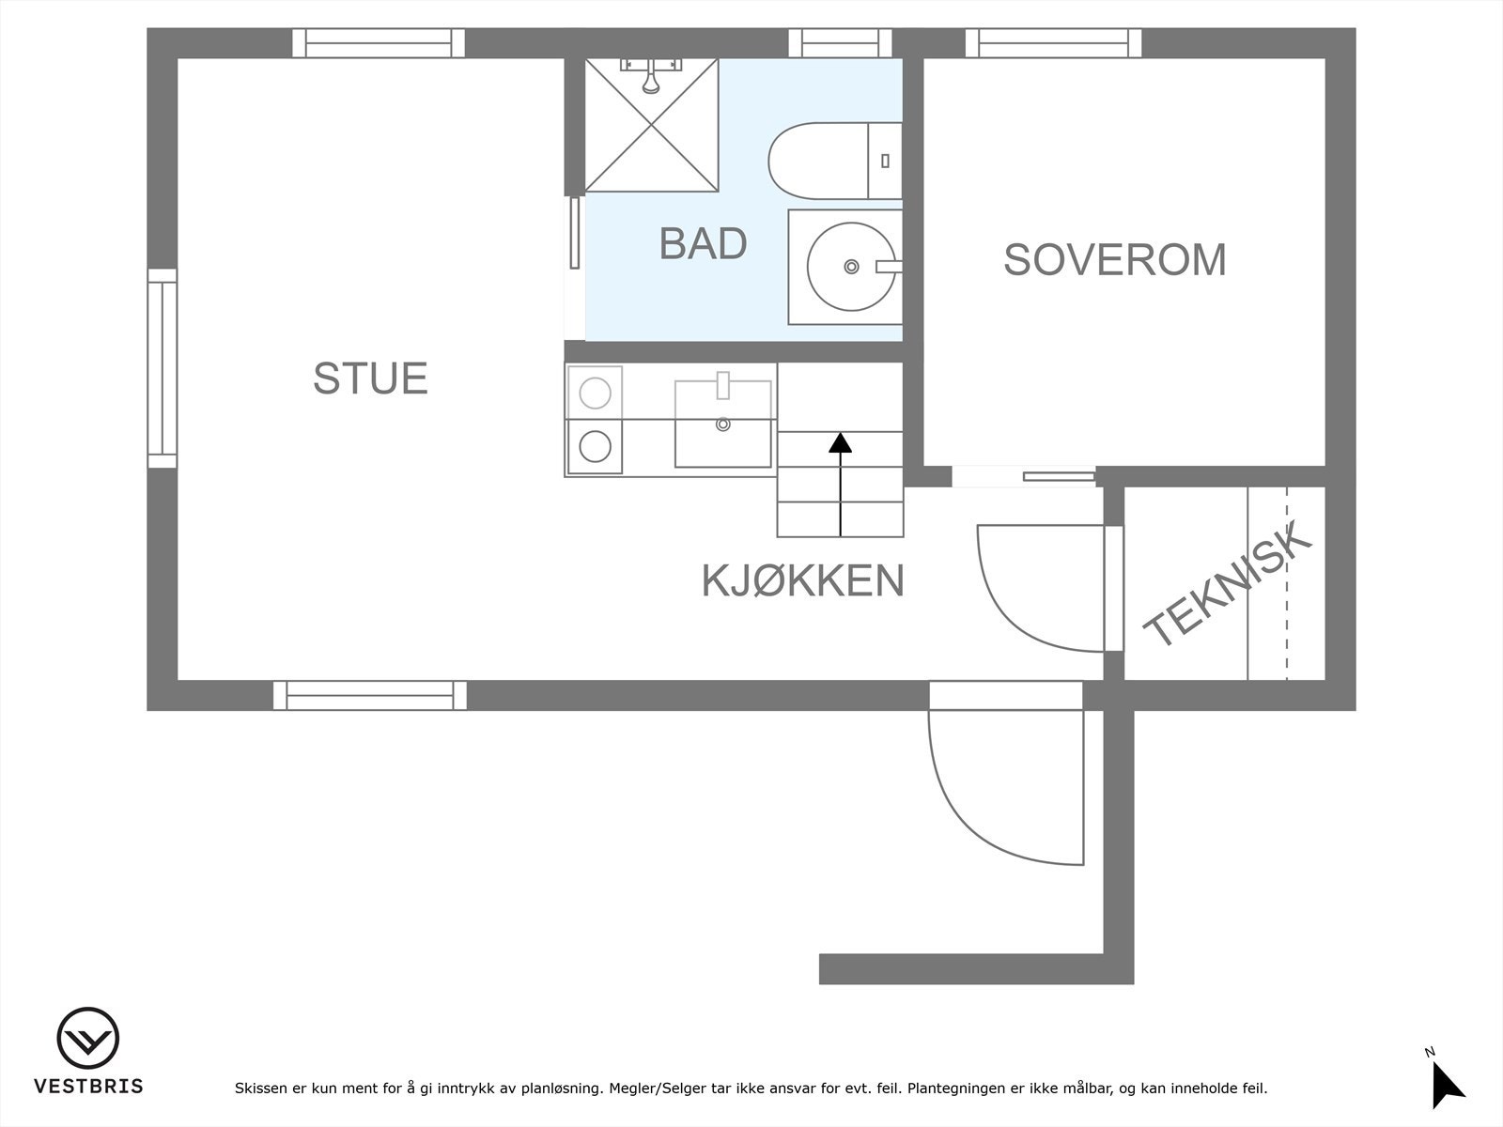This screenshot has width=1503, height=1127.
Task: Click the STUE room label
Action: [x=370, y=378]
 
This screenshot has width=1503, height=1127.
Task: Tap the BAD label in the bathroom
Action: [x=703, y=243]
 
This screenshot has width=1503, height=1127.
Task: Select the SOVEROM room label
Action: [x=1115, y=260]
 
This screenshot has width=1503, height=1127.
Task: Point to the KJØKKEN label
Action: [x=802, y=581]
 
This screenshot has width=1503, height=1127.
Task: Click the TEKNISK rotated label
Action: [x=1225, y=585]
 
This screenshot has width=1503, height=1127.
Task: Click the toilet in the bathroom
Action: [x=827, y=161]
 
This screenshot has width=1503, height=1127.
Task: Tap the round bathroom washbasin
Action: [x=850, y=267]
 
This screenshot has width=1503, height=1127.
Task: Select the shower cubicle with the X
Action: [x=651, y=125]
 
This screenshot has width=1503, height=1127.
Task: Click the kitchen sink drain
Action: [x=722, y=425]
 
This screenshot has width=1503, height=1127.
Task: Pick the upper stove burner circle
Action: [x=595, y=393]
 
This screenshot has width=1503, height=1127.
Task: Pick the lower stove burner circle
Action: [x=595, y=446]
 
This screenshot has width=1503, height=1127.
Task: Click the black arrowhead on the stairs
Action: [x=840, y=442]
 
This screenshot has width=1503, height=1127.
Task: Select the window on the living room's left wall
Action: [x=162, y=368]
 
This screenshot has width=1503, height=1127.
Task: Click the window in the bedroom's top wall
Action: [x=1053, y=42]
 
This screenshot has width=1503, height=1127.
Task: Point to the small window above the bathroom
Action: [x=839, y=42]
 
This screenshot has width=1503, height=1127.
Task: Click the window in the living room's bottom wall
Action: [x=369, y=695]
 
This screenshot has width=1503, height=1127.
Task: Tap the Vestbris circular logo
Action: [x=87, y=1039]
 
